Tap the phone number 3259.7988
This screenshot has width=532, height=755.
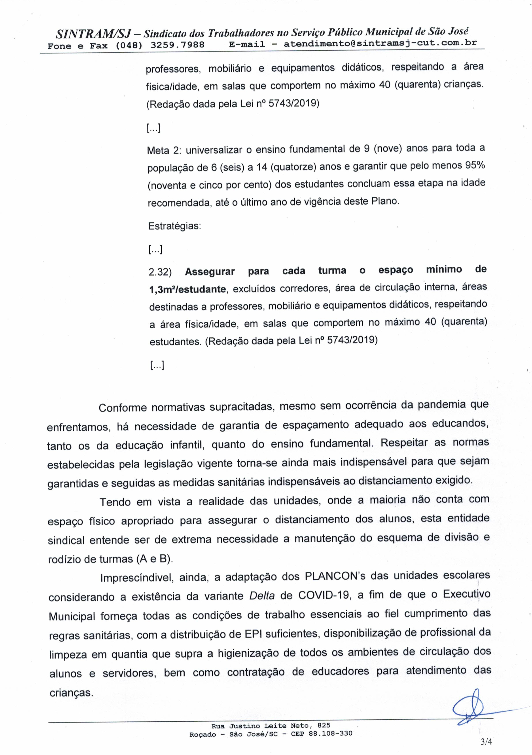177,45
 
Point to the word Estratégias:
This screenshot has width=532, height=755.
174,226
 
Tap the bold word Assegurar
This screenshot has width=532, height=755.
210,272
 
